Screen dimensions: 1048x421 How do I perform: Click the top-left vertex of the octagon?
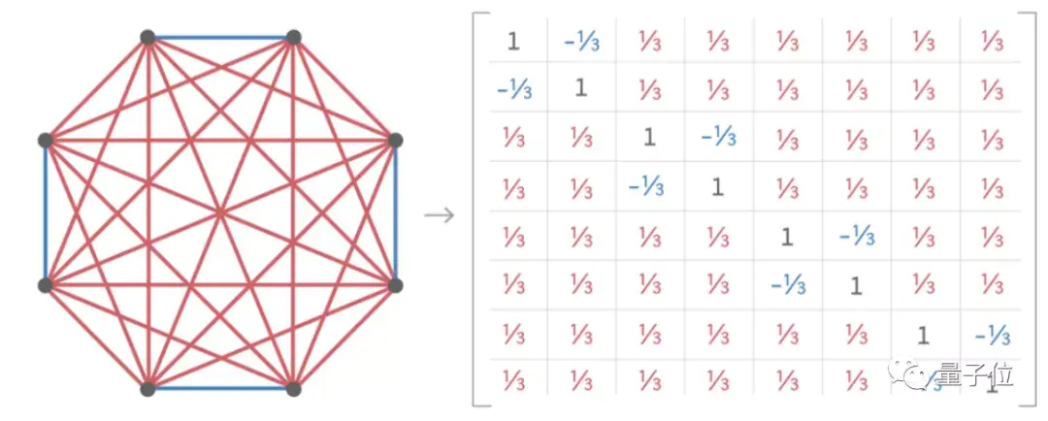(x=147, y=38)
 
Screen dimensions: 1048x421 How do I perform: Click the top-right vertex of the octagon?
(x=293, y=38)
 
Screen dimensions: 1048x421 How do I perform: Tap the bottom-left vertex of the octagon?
(x=147, y=389)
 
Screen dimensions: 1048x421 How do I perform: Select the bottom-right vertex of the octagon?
(x=293, y=389)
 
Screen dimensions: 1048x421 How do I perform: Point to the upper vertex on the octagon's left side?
(x=45, y=141)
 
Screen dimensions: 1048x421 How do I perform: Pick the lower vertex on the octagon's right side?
(x=395, y=285)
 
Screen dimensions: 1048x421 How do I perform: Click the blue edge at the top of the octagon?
(x=220, y=38)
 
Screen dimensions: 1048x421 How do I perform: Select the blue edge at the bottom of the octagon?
(x=220, y=389)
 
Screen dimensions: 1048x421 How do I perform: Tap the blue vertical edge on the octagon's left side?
(x=45, y=213)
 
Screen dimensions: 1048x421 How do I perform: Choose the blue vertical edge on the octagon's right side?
(x=395, y=213)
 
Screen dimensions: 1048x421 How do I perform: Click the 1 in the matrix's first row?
(x=513, y=41)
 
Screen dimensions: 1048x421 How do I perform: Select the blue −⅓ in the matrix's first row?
(x=580, y=41)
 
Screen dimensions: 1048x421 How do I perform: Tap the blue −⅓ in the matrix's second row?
(x=511, y=89)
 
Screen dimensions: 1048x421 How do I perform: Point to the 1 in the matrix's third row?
(x=649, y=138)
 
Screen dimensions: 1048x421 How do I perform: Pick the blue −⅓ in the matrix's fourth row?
(x=647, y=186)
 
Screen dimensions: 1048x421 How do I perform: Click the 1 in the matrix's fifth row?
(x=787, y=236)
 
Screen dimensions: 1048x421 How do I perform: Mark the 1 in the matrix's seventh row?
(x=923, y=335)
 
